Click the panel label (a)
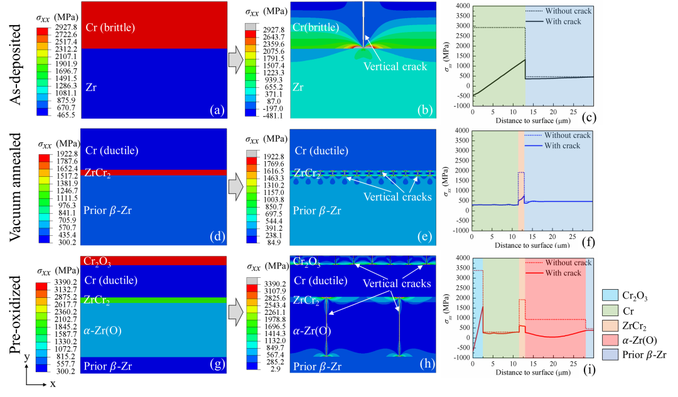click(x=216, y=111)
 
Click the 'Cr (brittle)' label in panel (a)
click(x=110, y=28)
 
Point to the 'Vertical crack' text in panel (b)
click(x=395, y=66)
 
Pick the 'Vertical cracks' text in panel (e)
click(x=398, y=196)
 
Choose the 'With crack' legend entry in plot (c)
click(x=564, y=21)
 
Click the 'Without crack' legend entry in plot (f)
click(x=568, y=135)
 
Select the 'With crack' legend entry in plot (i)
click(x=563, y=273)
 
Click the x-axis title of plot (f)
click(x=533, y=245)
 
